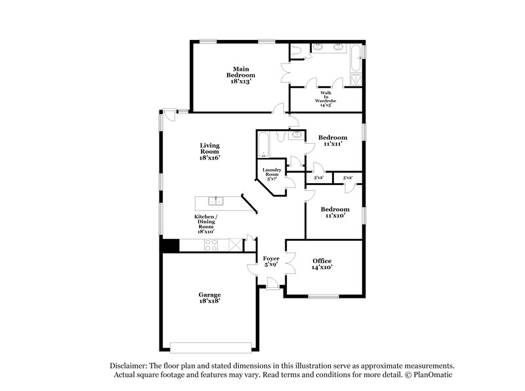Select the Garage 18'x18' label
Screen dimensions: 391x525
pos(210,298)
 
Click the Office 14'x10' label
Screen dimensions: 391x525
pos(322,264)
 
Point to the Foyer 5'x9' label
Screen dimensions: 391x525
pos(271,261)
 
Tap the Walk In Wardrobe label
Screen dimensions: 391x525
pos(326,98)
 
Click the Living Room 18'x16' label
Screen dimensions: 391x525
pos(210,151)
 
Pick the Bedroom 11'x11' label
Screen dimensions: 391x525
pos(333,140)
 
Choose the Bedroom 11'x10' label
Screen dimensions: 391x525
pos(333,212)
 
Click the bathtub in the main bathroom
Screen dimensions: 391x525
pos(355,58)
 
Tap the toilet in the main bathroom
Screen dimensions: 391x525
pos(296,51)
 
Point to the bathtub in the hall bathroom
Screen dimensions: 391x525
pos(263,145)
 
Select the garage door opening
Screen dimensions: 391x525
pos(210,347)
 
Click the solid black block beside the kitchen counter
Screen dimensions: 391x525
pos(170,245)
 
